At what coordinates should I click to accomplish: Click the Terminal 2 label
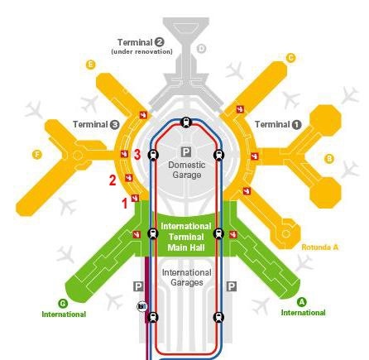point(141,42)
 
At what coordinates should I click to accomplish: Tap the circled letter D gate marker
point(202,49)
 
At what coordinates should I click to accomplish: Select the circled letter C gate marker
point(290,58)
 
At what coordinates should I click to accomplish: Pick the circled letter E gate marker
point(90,65)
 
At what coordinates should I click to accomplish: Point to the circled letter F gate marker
point(37,155)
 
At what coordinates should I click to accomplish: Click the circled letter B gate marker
point(329,159)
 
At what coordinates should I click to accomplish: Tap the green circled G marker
point(63,304)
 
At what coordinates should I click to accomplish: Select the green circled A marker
point(302,302)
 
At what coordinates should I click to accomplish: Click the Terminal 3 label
point(96,125)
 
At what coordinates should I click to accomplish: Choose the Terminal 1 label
point(278,125)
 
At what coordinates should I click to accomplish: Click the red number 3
point(137,155)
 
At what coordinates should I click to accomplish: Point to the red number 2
point(113,180)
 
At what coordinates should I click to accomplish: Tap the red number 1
point(125,204)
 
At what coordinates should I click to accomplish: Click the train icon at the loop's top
point(186,122)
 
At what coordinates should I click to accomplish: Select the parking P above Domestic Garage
point(186,151)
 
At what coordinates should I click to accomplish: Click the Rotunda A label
point(319,247)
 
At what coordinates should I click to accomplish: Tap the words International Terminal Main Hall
point(186,237)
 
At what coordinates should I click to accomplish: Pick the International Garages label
point(187,277)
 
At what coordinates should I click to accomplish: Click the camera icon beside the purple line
point(142,306)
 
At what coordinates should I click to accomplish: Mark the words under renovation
point(141,51)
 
